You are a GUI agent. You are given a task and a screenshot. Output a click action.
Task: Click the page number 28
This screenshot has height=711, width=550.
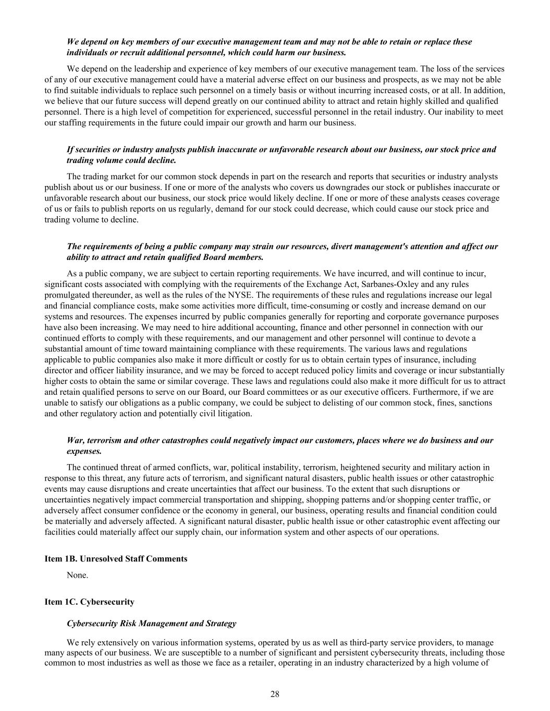[x=275, y=694]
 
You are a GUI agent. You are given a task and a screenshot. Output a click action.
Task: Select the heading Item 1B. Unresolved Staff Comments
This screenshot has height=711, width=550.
[x=116, y=559]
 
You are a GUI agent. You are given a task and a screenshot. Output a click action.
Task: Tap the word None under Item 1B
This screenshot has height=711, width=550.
[x=77, y=576]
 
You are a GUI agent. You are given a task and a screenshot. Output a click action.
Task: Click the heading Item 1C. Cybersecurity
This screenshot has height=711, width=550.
[x=90, y=602]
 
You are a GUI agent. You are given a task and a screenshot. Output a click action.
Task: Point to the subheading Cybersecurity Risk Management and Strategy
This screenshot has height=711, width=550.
[x=151, y=623]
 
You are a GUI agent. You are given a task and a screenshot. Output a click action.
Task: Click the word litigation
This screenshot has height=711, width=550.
[x=235, y=414]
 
